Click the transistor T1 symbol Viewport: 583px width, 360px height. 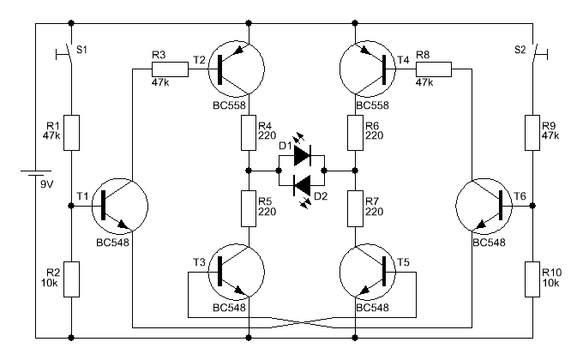point(120,206)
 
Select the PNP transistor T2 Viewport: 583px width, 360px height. point(237,69)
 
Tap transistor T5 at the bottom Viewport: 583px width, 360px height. point(367,272)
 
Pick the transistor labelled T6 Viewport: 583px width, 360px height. point(484,206)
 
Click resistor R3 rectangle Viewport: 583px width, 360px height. point(170,69)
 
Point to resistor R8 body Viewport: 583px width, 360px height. point(434,69)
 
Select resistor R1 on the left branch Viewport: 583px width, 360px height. point(71,133)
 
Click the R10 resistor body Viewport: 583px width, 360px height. point(532,279)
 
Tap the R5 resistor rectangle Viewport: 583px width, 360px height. point(249,208)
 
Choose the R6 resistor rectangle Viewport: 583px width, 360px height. point(355,133)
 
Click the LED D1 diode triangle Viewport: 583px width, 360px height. point(303,155)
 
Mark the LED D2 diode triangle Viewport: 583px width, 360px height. point(303,185)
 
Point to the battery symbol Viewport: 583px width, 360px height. point(36,173)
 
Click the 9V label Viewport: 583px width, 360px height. point(47,184)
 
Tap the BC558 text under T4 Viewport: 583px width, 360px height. point(373,105)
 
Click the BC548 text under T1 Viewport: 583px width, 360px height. point(112,243)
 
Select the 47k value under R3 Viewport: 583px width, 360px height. point(160,82)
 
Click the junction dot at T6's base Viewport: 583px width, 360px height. point(532,206)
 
